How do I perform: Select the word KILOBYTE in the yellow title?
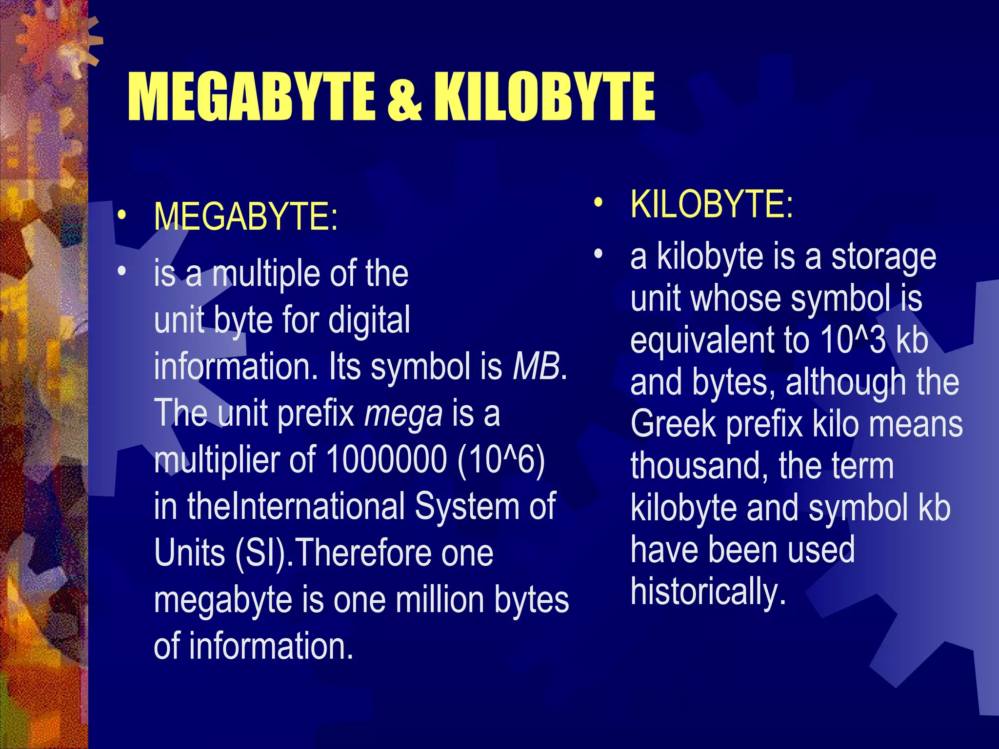coord(544,97)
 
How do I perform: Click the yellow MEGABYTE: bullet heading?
coord(245,217)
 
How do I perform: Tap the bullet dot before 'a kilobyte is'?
coord(599,254)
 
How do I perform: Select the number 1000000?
coord(386,459)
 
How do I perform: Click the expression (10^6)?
coord(501,459)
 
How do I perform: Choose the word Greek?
coord(673,424)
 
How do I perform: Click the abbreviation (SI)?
coord(261,553)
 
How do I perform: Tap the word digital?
coord(369,320)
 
